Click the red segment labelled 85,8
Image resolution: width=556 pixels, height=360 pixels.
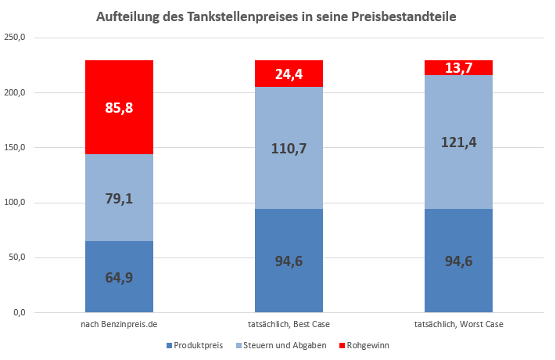pyautogui.click(x=119, y=107)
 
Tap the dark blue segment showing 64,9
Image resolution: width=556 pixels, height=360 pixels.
pyautogui.click(x=119, y=276)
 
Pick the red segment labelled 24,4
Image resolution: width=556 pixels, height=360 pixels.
pyautogui.click(x=289, y=74)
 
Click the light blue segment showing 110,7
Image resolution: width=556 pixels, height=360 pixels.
pyautogui.click(x=289, y=148)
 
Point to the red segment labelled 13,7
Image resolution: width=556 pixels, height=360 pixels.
pyautogui.click(x=458, y=68)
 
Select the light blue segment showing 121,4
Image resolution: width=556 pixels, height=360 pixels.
pyautogui.click(x=458, y=142)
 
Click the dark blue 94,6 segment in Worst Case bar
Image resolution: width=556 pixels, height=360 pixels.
pyautogui.click(x=458, y=261)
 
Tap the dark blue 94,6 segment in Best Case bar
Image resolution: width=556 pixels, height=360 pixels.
pyautogui.click(x=289, y=261)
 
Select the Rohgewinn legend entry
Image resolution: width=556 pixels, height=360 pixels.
pyautogui.click(x=368, y=345)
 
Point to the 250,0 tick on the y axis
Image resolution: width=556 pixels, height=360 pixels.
pyautogui.click(x=15, y=38)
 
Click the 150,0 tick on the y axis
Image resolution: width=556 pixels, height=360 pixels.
pyautogui.click(x=15, y=148)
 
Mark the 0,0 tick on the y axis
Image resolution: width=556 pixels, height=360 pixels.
pyautogui.click(x=17, y=313)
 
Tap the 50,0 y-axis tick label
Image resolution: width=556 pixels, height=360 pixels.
pyautogui.click(x=16, y=258)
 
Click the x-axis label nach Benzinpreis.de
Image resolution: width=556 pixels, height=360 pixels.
pyautogui.click(x=119, y=324)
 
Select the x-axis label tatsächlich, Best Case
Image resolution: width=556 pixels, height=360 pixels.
pyautogui.click(x=289, y=324)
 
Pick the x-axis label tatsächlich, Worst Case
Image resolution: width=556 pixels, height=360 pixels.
pyautogui.click(x=458, y=324)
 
